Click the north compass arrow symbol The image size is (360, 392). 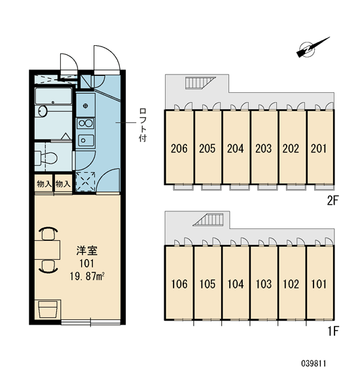coord(312,48)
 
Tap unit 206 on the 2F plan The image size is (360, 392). coord(179,147)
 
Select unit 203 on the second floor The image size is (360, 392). coord(264,147)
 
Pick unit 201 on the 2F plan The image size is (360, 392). coord(320,147)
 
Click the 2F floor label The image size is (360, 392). coord(333,200)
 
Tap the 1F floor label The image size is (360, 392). coord(333,332)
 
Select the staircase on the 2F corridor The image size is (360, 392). coord(200,82)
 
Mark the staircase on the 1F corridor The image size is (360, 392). coord(208,220)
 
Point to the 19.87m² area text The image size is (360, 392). coord(87,277)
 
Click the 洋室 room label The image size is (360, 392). coord(87,251)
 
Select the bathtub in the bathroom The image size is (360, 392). coord(54,96)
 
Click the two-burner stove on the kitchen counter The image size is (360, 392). coord(86,123)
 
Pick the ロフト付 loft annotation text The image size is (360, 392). coord(143,125)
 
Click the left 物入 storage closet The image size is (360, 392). coord(44,184)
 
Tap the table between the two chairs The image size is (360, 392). coord(47,250)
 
